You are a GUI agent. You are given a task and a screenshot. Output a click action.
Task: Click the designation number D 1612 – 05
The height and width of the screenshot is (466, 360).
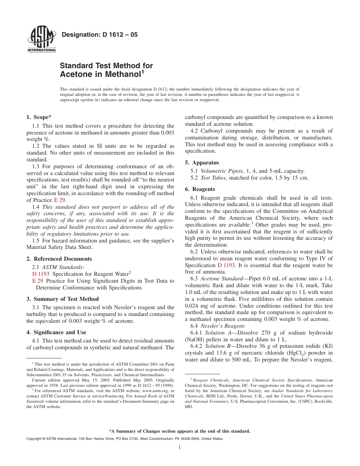pos(99,35)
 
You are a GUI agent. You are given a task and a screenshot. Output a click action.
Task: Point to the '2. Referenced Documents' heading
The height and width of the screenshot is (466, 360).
pos(59,259)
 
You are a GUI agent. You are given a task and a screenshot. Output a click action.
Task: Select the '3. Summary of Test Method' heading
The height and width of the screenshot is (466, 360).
pos(63,299)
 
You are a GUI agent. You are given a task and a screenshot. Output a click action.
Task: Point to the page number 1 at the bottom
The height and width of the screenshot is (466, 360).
pos(180,447)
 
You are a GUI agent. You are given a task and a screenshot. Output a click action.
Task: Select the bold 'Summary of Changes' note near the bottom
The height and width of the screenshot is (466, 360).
pos(180,431)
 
